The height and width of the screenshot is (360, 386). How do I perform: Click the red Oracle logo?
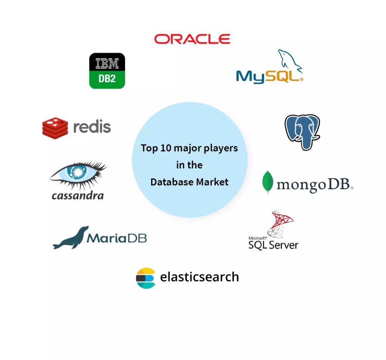point(192,39)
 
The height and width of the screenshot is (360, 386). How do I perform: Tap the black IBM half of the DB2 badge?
point(107,62)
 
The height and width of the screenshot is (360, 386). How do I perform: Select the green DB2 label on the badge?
point(107,79)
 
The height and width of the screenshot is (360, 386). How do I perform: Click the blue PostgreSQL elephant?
point(302,132)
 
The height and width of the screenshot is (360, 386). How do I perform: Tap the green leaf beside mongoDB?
point(268,182)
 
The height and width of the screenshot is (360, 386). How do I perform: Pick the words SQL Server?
point(273,245)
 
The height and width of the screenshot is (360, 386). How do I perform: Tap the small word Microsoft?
point(257,238)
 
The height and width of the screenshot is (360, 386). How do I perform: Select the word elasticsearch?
point(199,277)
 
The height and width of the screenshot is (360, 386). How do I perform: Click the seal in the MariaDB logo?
point(71,238)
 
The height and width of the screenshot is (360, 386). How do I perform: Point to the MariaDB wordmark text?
point(117,238)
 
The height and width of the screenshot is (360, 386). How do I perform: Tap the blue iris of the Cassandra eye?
point(77,172)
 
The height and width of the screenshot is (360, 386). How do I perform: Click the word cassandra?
point(78,196)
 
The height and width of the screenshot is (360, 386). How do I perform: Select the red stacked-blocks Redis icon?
point(55,128)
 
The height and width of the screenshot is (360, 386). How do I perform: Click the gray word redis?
point(92,127)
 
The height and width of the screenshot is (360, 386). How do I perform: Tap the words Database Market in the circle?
point(189,182)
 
